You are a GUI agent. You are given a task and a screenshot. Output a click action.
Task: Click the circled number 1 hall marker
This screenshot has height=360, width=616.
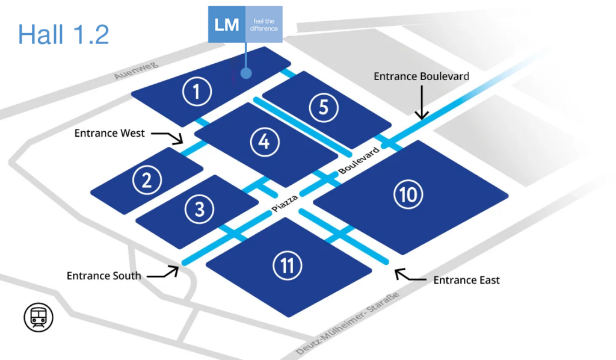196,92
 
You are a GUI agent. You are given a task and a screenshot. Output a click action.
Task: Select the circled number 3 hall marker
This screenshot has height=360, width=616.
199,209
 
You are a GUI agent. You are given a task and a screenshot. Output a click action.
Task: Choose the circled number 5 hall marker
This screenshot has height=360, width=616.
324,107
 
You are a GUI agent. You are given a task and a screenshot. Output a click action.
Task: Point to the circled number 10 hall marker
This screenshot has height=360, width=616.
408,194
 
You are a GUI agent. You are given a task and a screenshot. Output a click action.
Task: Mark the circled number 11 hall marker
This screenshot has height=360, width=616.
286,265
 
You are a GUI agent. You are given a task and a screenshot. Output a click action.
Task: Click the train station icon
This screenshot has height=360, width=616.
38,317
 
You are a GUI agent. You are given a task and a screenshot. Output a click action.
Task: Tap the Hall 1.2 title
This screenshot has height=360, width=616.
64,34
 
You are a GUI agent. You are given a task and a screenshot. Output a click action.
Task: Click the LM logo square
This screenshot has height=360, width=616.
227,25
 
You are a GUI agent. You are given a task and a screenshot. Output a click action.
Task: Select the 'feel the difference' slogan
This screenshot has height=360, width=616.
264,25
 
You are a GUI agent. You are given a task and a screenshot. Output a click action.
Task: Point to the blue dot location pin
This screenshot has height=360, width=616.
245,73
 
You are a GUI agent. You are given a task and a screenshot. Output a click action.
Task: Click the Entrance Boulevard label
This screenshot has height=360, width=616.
421,76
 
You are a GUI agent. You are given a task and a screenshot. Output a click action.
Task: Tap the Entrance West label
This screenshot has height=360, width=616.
109,133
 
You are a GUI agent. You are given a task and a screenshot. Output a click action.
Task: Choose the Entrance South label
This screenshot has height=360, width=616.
104,276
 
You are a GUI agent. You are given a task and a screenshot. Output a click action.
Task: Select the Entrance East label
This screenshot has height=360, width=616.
466,280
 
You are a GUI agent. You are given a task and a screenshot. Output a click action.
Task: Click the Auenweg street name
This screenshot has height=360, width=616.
131,68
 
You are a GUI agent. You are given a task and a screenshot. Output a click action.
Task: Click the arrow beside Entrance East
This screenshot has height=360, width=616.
408,276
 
